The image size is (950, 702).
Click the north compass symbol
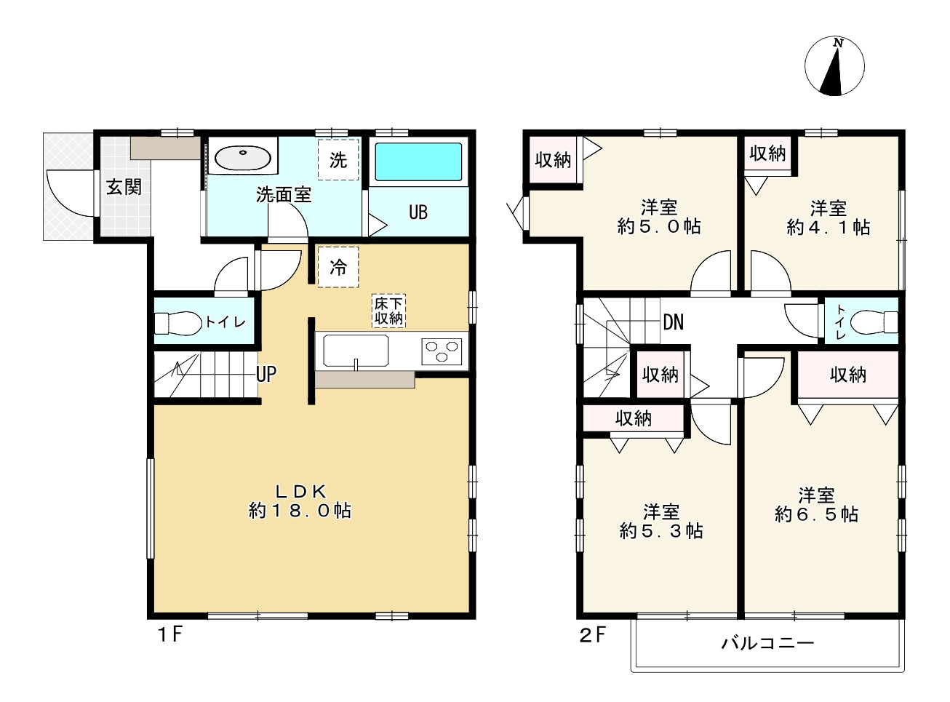tap(834, 66)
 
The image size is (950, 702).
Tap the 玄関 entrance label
tap(124, 187)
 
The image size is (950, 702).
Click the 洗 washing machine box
tap(338, 159)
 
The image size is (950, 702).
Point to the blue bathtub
tap(418, 162)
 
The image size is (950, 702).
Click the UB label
tap(418, 212)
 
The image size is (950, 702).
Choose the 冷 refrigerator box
tap(338, 267)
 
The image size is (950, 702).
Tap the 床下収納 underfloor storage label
tap(388, 311)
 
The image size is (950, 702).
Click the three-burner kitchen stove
tap(442, 351)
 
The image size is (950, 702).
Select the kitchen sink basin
tap(356, 351)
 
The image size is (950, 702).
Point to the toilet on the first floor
tap(177, 323)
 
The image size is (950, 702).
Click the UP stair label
tap(266, 374)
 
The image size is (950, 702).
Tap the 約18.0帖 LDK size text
tap(300, 511)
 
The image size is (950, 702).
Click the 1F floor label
tap(170, 634)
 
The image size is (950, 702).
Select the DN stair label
tap(673, 322)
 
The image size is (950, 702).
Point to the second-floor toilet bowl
tap(874, 322)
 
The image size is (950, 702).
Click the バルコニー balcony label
tap(767, 643)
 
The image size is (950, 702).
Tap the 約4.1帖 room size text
tap(828, 227)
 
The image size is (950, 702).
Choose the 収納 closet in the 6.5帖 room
tap(848, 375)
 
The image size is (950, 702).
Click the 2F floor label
tap(593, 635)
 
